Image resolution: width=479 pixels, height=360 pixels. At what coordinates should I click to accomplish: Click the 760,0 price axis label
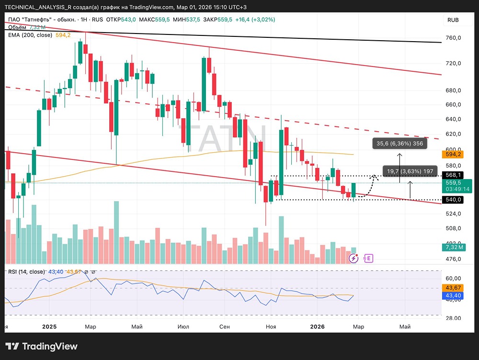coord(453,38)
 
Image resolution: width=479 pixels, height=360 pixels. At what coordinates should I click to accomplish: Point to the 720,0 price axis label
coord(453,63)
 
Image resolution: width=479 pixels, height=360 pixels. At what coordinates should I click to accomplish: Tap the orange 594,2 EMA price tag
coord(453,154)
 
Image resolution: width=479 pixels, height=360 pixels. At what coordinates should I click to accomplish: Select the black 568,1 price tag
coord(453,175)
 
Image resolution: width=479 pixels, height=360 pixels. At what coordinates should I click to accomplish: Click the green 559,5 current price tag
coord(453,182)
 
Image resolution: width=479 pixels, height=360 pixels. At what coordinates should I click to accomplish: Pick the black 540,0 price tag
coord(453,200)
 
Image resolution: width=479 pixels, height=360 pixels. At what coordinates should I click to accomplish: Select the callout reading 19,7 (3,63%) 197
coord(411,171)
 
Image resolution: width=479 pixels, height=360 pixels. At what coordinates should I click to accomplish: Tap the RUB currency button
coord(453,20)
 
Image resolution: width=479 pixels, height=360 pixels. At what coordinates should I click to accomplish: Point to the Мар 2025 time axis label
coord(90,327)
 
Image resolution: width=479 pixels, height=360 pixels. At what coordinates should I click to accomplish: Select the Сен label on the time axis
coord(225,327)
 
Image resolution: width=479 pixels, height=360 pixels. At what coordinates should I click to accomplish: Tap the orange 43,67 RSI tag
coord(453,288)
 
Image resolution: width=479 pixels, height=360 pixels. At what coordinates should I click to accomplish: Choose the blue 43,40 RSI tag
coord(453,296)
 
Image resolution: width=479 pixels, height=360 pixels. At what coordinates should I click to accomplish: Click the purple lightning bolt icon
coord(354,259)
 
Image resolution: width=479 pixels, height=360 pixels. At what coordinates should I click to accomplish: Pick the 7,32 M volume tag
coord(453,247)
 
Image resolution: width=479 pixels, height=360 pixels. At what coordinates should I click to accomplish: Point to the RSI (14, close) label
coord(27,272)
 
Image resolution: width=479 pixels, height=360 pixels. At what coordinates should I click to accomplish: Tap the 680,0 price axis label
coord(453,90)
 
